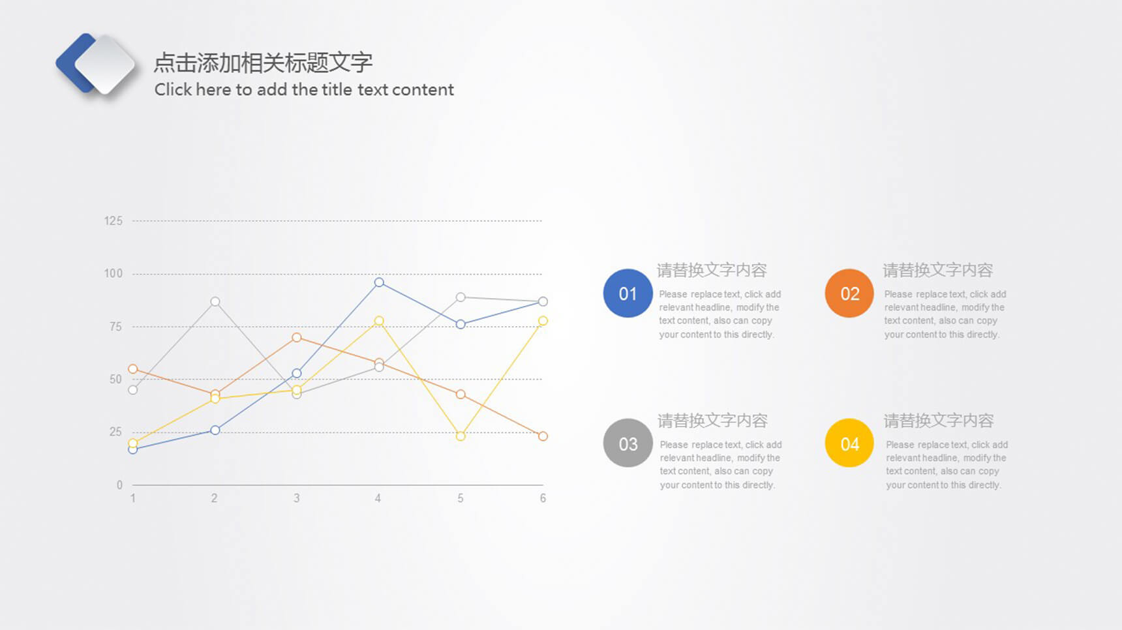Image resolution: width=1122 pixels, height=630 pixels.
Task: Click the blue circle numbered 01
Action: pyautogui.click(x=628, y=293)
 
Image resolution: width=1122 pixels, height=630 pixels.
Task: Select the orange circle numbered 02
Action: pyautogui.click(x=849, y=293)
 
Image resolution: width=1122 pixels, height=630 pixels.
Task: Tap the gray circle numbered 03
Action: pyautogui.click(x=628, y=443)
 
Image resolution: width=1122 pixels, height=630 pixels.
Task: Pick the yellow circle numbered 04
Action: pyautogui.click(x=849, y=443)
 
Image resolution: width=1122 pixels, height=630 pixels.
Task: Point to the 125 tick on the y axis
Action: pyautogui.click(x=114, y=221)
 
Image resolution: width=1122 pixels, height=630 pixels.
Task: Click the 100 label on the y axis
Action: pyautogui.click(x=114, y=274)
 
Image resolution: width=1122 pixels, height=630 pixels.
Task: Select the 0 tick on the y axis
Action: pyautogui.click(x=119, y=485)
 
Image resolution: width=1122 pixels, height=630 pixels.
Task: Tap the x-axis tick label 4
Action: pyautogui.click(x=378, y=498)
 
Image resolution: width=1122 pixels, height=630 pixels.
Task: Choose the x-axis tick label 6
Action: pyautogui.click(x=543, y=498)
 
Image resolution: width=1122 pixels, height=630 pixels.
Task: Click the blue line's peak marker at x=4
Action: pyautogui.click(x=379, y=282)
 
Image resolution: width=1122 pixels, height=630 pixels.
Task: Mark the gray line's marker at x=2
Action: pyautogui.click(x=215, y=301)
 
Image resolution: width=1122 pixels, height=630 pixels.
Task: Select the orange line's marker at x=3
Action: pyautogui.click(x=297, y=337)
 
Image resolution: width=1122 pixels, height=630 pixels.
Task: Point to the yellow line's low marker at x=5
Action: pyautogui.click(x=461, y=436)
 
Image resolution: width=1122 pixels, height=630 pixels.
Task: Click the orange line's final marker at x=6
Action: pyautogui.click(x=543, y=436)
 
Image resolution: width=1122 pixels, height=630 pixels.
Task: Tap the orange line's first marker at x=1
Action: pyautogui.click(x=133, y=369)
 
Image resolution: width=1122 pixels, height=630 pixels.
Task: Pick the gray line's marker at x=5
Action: pyautogui.click(x=461, y=297)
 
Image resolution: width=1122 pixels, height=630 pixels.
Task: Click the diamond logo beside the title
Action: pyautogui.click(x=96, y=65)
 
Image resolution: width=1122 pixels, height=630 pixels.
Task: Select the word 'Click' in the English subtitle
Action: pyautogui.click(x=173, y=89)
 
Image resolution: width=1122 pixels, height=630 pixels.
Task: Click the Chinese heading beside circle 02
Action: pyautogui.click(x=937, y=270)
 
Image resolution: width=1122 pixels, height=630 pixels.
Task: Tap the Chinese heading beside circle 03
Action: pyautogui.click(x=712, y=421)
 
